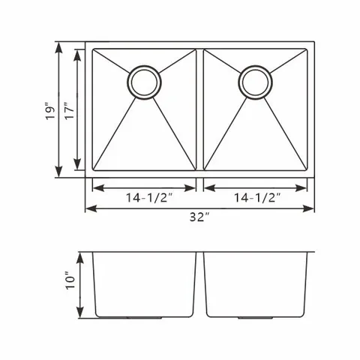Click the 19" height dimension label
50,110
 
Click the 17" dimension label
69,111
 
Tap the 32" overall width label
199,217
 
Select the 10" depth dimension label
70,279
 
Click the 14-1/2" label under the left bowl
149,198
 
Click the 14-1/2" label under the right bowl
257,198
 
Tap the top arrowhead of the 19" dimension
58,48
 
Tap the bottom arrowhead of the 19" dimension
58,172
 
